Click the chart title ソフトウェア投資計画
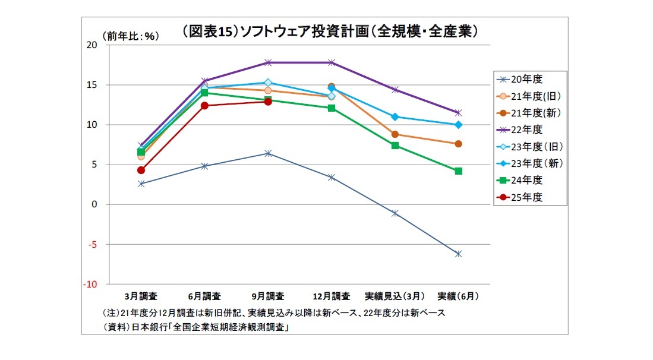(330, 31)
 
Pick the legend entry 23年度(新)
(534, 163)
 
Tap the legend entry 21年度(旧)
(534, 95)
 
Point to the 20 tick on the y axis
(92, 45)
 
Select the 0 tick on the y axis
(94, 204)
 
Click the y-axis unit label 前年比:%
(130, 36)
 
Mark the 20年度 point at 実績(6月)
(458, 254)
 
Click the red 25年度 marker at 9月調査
(268, 102)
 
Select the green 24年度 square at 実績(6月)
(458, 171)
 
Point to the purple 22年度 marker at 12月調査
(332, 62)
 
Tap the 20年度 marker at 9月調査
(268, 153)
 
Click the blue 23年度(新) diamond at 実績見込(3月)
(395, 116)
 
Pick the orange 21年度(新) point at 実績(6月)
(458, 144)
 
